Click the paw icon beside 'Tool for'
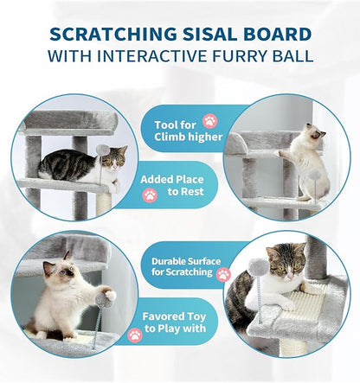click(209, 121)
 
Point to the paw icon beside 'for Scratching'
click(223, 274)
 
